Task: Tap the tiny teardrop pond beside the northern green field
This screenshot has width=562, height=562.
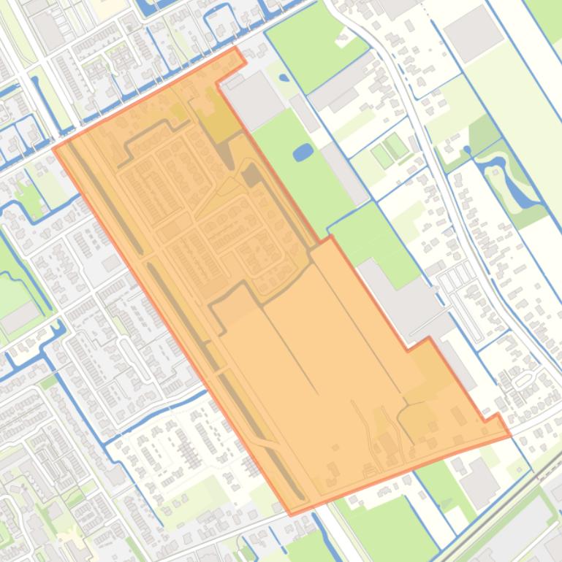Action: (x=284, y=77)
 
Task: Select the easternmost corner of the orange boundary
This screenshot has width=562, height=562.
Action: (x=510, y=435)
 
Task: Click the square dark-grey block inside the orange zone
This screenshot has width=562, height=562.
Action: (x=251, y=174)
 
